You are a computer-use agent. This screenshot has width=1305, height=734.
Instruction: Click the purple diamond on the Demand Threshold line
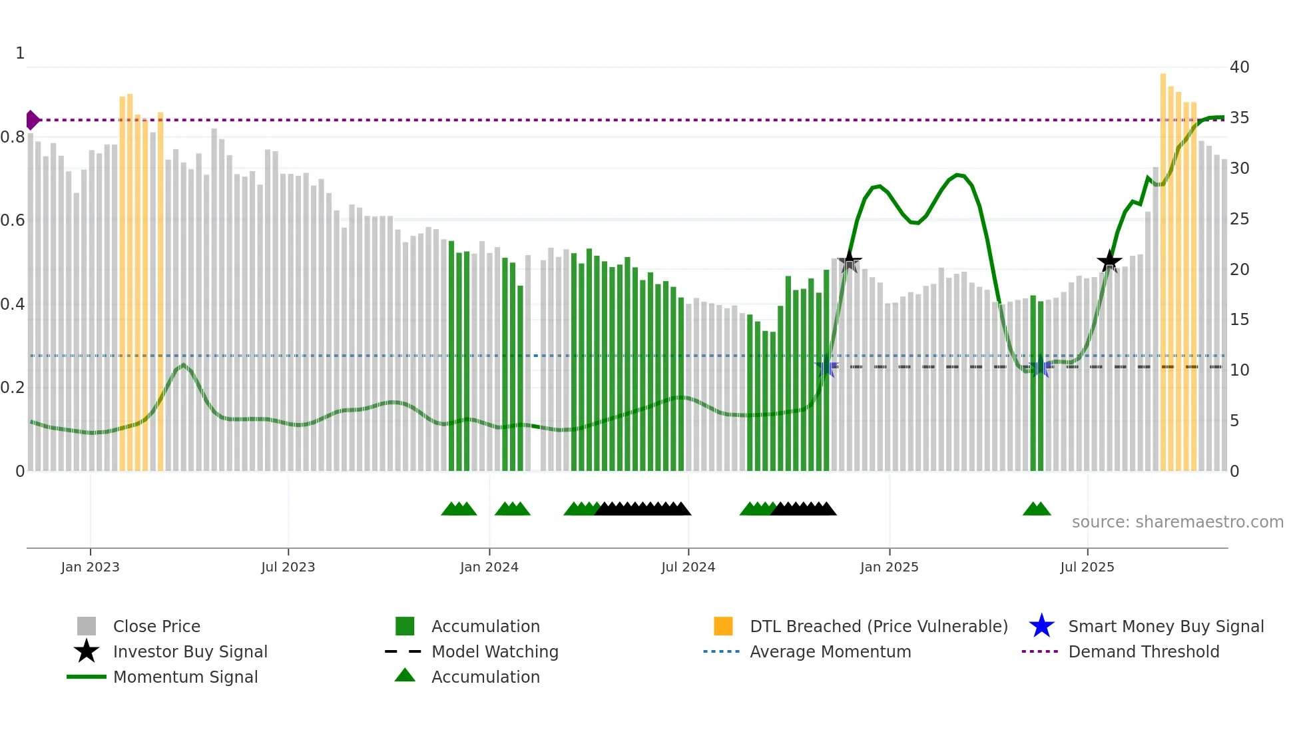32,120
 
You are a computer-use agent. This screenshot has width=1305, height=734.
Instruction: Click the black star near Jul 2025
1109,262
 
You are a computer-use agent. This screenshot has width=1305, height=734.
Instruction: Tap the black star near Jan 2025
849,261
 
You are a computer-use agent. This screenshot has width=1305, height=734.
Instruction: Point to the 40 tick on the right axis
1239,67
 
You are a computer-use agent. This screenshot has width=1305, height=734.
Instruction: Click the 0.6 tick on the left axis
13,220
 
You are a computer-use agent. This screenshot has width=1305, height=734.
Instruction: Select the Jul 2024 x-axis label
688,567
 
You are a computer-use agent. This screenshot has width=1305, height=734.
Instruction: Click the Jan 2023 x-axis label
90,567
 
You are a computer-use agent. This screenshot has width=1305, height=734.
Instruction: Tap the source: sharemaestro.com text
1177,522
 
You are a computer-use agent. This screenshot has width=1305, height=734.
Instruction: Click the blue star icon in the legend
1041,626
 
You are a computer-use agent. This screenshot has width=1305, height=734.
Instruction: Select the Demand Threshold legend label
1143,651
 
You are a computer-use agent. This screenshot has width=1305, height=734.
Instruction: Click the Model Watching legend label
495,651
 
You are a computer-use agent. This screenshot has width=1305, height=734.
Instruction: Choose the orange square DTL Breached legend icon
723,626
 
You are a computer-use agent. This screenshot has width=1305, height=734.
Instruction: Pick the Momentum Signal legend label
185,677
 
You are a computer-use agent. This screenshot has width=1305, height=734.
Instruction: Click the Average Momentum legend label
830,651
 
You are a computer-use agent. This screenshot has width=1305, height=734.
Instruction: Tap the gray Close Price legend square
87,626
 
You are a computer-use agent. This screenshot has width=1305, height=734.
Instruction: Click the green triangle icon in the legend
405,675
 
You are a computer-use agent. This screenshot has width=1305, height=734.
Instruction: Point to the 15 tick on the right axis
1239,320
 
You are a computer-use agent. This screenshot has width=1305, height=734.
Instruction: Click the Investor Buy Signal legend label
190,651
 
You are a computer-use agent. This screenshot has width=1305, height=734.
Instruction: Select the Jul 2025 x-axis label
1087,567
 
